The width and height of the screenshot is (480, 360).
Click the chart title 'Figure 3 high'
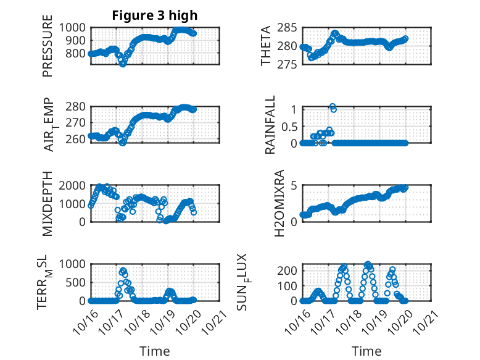tap(154, 15)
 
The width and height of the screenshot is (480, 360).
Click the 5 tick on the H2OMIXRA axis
tap(295, 185)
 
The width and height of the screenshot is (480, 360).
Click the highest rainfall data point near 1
tap(332, 107)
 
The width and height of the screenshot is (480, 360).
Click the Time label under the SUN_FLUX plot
tap(366, 351)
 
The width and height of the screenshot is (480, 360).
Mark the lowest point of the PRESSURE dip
tap(123, 64)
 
